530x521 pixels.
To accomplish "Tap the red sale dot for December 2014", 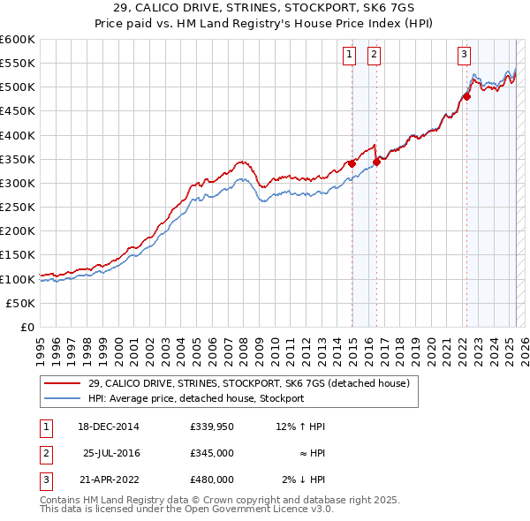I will [x=352, y=163].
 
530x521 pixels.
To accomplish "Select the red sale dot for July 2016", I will [x=376, y=161].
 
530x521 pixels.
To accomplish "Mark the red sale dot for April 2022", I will [x=466, y=96].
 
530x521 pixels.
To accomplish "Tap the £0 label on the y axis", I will [x=26, y=327].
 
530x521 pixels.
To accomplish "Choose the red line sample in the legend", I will [x=62, y=384].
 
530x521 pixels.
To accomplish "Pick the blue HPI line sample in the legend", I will [x=62, y=398].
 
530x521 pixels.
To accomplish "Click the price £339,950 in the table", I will [x=211, y=427].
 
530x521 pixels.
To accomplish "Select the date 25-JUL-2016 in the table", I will [x=111, y=453].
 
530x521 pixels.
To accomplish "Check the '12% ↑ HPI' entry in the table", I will [x=300, y=427].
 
